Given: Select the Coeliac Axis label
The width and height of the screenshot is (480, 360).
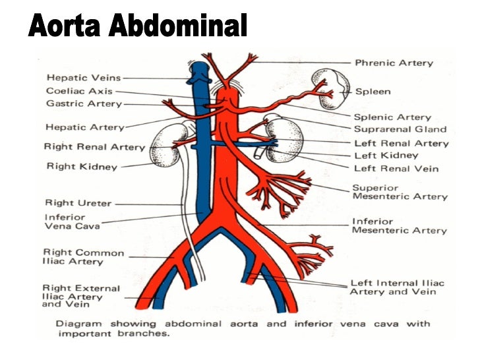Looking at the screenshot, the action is pyautogui.click(x=79, y=91).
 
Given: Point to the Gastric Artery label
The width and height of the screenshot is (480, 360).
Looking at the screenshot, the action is pyautogui.click(x=84, y=104).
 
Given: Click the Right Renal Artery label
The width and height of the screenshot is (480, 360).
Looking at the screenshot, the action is pyautogui.click(x=94, y=146).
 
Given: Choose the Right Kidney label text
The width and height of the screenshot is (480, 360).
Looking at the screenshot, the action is pyautogui.click(x=81, y=166).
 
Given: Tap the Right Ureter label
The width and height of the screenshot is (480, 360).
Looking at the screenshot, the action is pyautogui.click(x=78, y=203).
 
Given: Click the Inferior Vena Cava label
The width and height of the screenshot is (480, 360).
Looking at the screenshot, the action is pyautogui.click(x=72, y=222).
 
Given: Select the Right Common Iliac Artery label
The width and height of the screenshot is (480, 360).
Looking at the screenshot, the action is pyautogui.click(x=83, y=256).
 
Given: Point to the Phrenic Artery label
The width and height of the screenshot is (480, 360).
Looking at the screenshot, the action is pyautogui.click(x=394, y=63).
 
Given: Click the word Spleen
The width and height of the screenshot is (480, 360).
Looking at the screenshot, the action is pyautogui.click(x=373, y=92).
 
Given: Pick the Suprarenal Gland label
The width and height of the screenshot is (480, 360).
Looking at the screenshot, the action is pyautogui.click(x=400, y=129).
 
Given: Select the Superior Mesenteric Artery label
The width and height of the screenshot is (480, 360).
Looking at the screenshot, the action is pyautogui.click(x=400, y=192).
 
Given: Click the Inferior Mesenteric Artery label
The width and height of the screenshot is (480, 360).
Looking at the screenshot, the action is pyautogui.click(x=400, y=225).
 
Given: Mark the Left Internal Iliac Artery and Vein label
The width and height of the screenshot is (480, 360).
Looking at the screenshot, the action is pyautogui.click(x=397, y=287).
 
